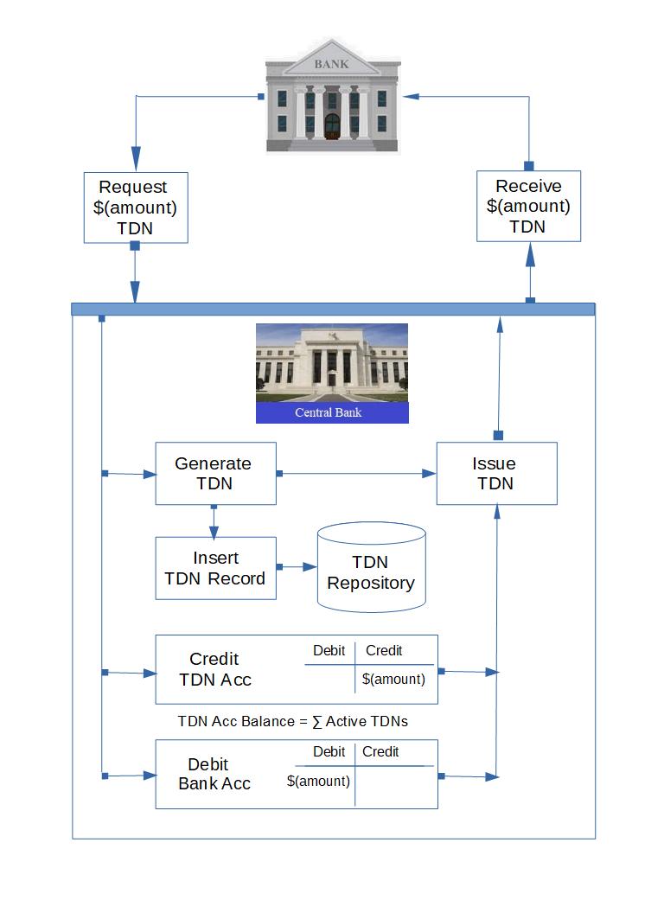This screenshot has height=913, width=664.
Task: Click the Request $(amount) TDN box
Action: pyautogui.click(x=135, y=207)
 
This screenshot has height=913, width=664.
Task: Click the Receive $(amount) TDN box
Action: pyautogui.click(x=528, y=206)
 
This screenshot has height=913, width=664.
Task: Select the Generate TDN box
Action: pyautogui.click(x=215, y=473)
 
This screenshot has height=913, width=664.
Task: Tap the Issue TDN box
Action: pyautogui.click(x=496, y=473)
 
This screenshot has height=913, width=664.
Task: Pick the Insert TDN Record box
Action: pyautogui.click(x=215, y=568)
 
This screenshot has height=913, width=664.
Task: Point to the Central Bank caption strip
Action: pyautogui.click(x=331, y=412)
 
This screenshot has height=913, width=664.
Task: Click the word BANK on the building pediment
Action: pyautogui.click(x=331, y=64)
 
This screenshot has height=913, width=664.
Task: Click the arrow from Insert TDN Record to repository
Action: pyautogui.click(x=297, y=567)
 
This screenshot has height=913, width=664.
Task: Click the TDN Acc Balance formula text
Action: pyautogui.click(x=292, y=721)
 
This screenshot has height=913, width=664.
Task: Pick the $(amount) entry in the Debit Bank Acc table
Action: pyautogui.click(x=318, y=781)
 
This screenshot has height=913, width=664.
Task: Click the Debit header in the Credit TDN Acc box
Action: pyautogui.click(x=329, y=650)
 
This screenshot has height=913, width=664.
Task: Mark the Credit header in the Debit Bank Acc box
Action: pyautogui.click(x=380, y=751)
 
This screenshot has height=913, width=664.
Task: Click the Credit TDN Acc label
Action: pyautogui.click(x=215, y=669)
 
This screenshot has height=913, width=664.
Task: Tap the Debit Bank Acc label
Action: pyautogui.click(x=214, y=774)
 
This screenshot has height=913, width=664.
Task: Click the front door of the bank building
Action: pyautogui.click(x=332, y=125)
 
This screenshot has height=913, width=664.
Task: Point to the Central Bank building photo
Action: pyautogui.click(x=331, y=363)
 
